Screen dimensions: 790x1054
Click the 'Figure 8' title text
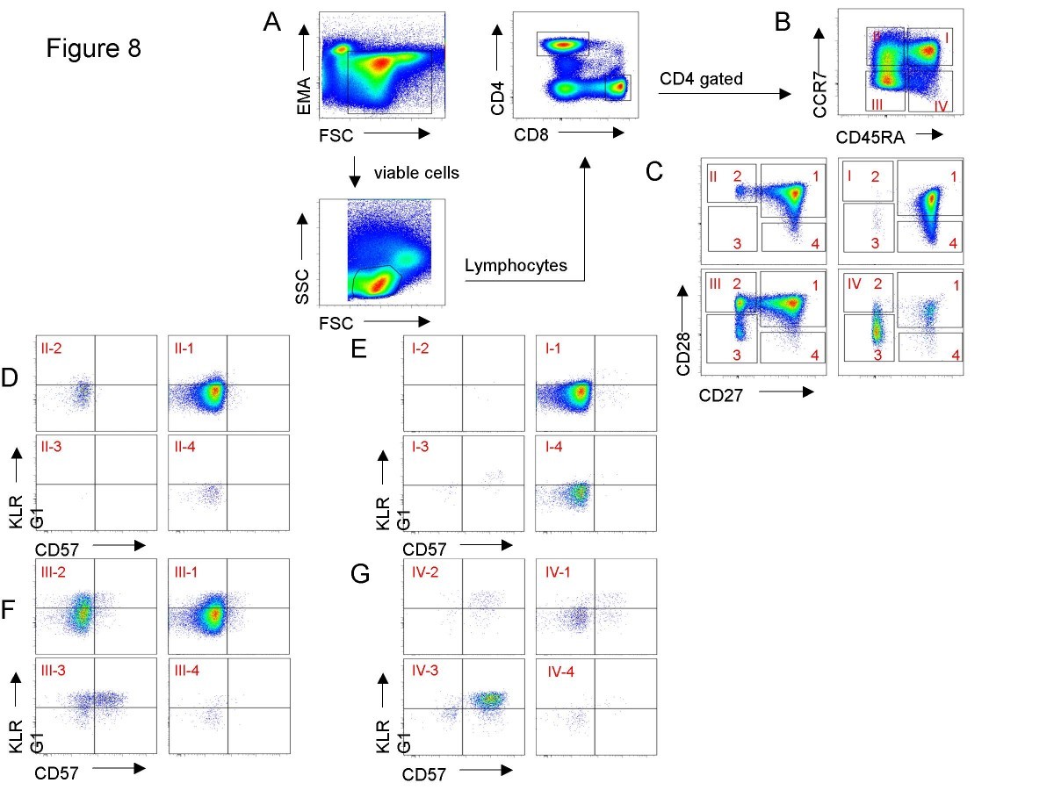[93, 49]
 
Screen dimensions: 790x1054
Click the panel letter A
[272, 24]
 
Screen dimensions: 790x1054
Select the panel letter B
[783, 24]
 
